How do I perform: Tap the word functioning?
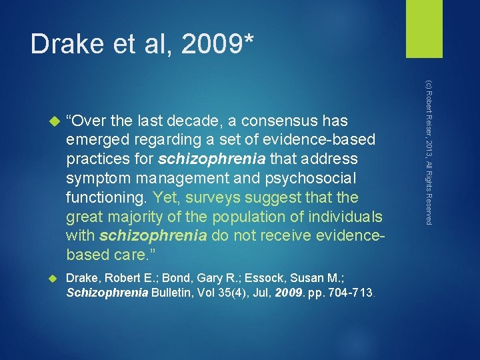pyautogui.click(x=107, y=197)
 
